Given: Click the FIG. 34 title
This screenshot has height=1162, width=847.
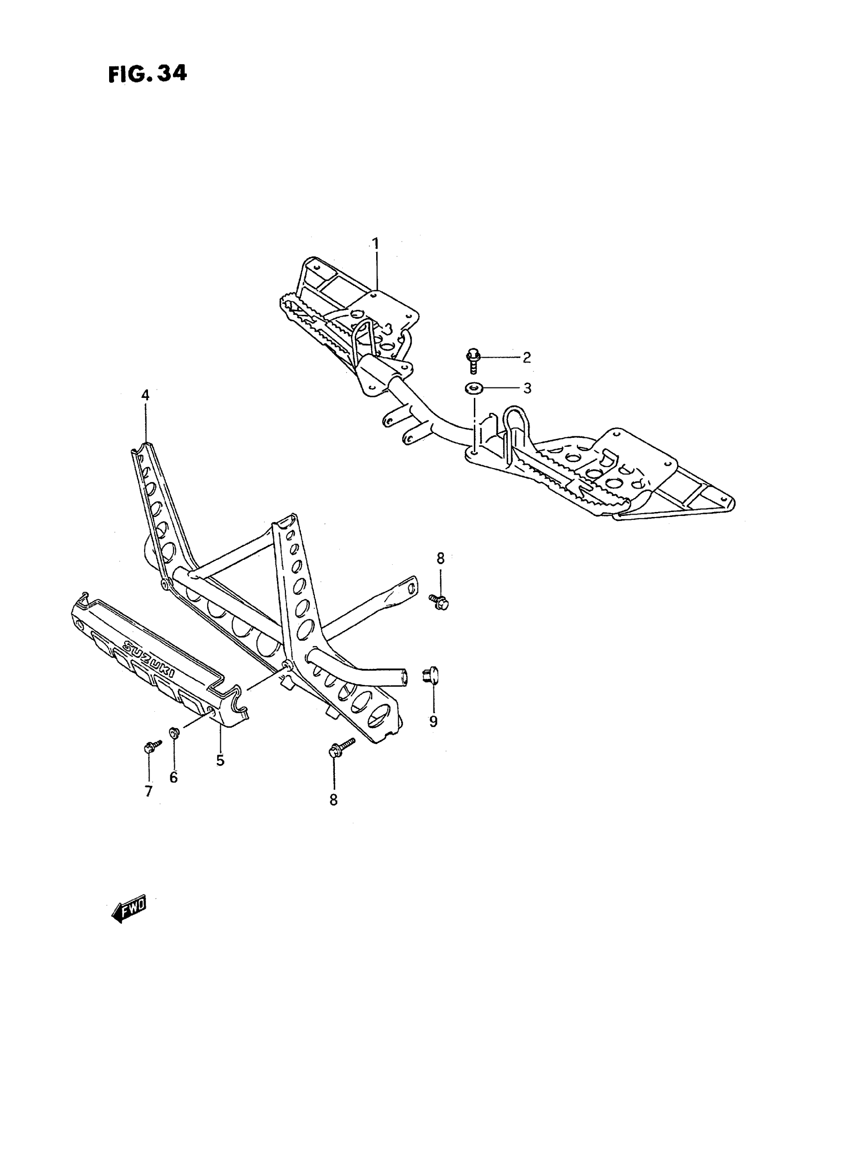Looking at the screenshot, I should pyautogui.click(x=147, y=74).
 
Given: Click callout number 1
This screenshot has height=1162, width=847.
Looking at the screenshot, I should pyautogui.click(x=375, y=243).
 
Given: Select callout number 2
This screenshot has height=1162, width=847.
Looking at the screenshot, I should pyautogui.click(x=527, y=357).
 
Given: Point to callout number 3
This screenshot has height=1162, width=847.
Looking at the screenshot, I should pyautogui.click(x=527, y=388).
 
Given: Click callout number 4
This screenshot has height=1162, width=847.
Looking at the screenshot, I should pyautogui.click(x=145, y=395).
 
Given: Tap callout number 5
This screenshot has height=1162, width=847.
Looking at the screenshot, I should pyautogui.click(x=220, y=760).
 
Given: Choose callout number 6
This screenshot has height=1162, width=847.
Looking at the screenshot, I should pyautogui.click(x=174, y=777).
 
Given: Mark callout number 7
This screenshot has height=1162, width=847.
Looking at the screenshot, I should pyautogui.click(x=148, y=792).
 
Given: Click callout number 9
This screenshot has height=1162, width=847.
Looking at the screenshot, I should pyautogui.click(x=433, y=722).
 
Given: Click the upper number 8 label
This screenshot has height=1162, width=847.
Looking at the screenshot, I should pyautogui.click(x=440, y=558).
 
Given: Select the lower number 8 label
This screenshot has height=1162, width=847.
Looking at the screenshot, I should pyautogui.click(x=334, y=800).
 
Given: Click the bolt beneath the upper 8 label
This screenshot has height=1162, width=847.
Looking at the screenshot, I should pyautogui.click(x=438, y=601).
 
